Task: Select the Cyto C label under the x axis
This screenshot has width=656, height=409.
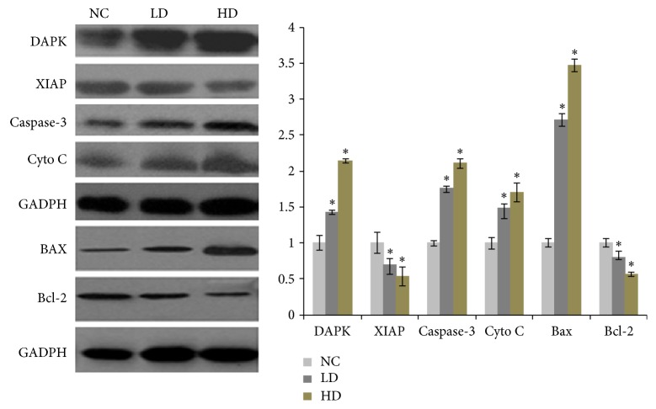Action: coord(504,332)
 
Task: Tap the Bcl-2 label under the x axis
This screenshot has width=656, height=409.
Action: coord(618,332)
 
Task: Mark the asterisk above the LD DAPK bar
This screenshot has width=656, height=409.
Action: coord(332,203)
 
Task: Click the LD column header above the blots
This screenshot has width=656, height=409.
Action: coord(156,11)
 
